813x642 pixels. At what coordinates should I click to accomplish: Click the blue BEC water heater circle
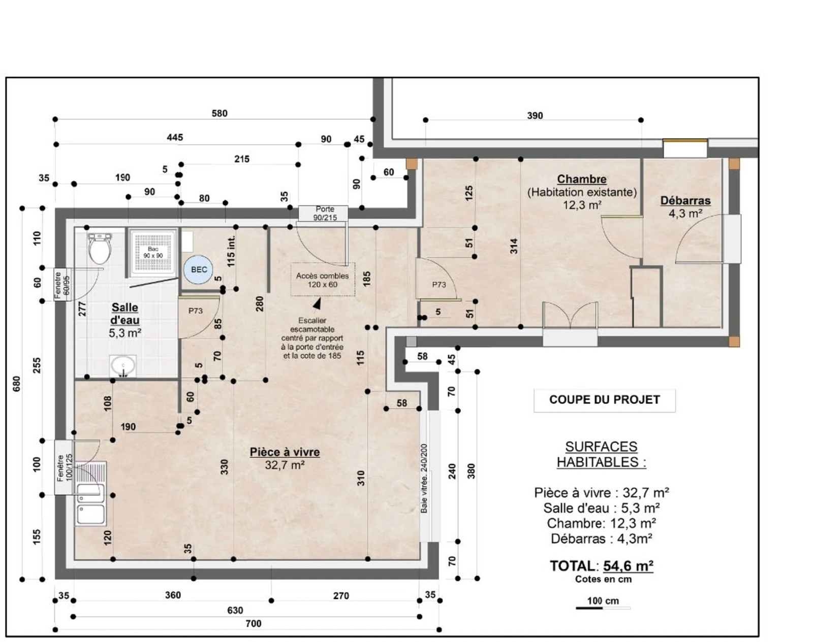pyautogui.click(x=198, y=269)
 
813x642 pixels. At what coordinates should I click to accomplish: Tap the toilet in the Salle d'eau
pyautogui.click(x=100, y=248)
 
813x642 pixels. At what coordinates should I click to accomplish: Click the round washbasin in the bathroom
pyautogui.click(x=122, y=365)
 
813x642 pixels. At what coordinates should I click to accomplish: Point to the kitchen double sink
pyautogui.click(x=90, y=494)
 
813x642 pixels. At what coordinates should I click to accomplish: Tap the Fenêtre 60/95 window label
pyautogui.click(x=62, y=285)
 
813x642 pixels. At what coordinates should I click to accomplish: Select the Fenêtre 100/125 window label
pyautogui.click(x=64, y=467)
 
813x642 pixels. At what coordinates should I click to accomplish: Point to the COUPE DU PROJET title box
pyautogui.click(x=605, y=400)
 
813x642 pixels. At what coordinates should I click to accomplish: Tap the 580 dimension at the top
pyautogui.click(x=220, y=113)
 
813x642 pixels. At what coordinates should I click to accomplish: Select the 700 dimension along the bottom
pyautogui.click(x=254, y=624)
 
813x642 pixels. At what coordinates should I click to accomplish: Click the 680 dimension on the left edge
pyautogui.click(x=17, y=384)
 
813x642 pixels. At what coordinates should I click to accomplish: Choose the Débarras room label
pyautogui.click(x=685, y=200)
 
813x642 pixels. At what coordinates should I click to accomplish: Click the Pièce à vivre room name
pyautogui.click(x=285, y=452)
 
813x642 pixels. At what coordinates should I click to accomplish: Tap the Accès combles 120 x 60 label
pyautogui.click(x=322, y=280)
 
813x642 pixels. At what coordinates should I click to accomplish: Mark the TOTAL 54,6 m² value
pyautogui.click(x=628, y=566)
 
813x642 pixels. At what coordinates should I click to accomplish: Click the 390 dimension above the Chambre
pyautogui.click(x=535, y=116)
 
